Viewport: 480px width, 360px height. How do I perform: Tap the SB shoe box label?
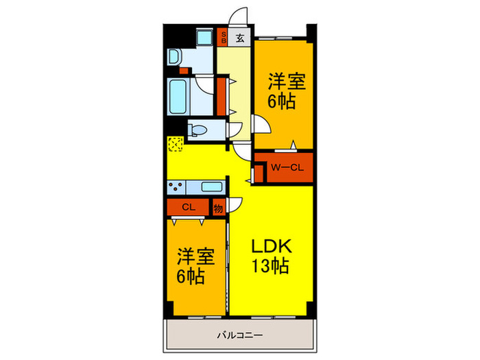(223, 38)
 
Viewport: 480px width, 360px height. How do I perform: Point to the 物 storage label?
(218, 207)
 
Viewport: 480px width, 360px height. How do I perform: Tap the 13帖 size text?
(270, 267)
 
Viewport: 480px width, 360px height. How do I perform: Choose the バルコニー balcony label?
(240, 335)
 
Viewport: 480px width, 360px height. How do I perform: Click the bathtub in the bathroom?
(179, 97)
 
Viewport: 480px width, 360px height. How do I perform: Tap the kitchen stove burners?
(176, 187)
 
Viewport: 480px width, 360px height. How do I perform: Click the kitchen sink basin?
(211, 187)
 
